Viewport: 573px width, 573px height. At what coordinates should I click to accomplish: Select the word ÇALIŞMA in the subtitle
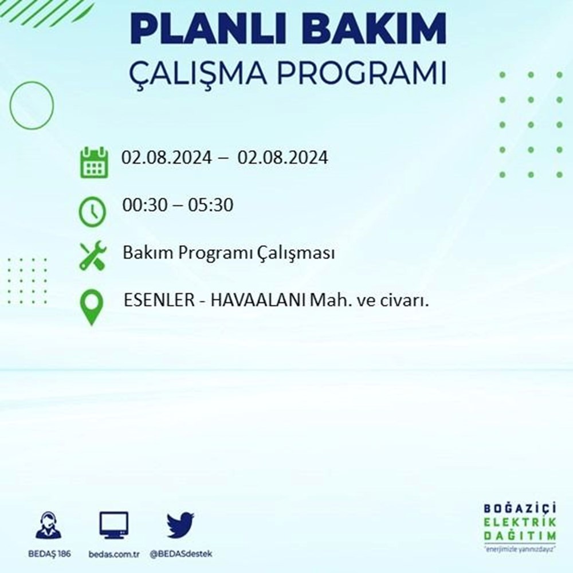(198, 74)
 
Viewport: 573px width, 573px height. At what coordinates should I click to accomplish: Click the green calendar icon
(94, 162)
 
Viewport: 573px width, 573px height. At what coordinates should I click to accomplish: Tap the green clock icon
(92, 211)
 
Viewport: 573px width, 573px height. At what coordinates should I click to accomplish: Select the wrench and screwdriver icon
(93, 256)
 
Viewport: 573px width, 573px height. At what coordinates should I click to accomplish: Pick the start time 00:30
(145, 205)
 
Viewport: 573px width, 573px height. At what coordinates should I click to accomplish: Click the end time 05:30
(210, 205)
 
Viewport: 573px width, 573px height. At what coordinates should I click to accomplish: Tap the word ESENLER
(159, 300)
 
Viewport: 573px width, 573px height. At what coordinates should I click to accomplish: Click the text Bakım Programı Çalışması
(229, 253)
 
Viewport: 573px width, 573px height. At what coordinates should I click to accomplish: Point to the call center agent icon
(49, 525)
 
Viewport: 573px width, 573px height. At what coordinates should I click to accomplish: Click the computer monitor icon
(114, 525)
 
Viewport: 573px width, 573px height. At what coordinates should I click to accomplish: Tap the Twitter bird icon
(180, 525)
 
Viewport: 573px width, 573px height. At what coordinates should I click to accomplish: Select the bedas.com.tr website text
(114, 554)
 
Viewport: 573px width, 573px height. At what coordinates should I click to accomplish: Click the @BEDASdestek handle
(181, 554)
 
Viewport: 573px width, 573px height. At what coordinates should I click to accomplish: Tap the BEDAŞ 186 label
(49, 554)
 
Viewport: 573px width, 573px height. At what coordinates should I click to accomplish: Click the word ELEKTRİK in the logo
(520, 522)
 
